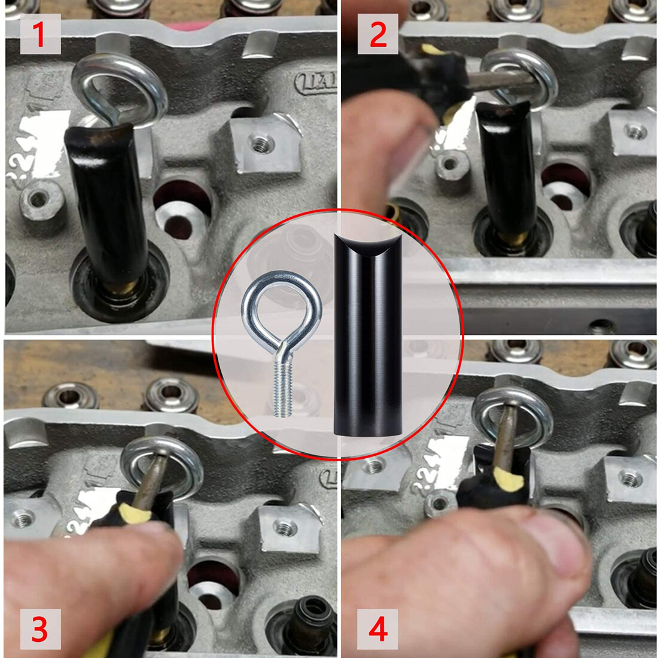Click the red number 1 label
40,35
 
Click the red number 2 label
377,35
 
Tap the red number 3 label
40,629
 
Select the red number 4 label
377,629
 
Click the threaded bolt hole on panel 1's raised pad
260,144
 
